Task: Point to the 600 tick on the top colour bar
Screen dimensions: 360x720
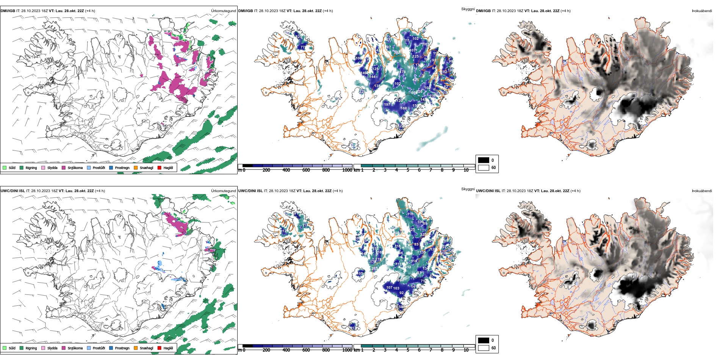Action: pyautogui.click(x=306, y=170)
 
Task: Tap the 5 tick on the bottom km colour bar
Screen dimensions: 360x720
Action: pyautogui.click(x=408, y=350)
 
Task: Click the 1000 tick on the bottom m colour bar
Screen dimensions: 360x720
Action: pyautogui.click(x=347, y=350)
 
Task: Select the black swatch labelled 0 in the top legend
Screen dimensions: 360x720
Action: pyautogui.click(x=484, y=160)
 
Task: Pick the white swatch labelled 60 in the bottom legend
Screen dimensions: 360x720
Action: pyautogui.click(x=484, y=348)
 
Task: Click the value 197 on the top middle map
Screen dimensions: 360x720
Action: pyautogui.click(x=387, y=105)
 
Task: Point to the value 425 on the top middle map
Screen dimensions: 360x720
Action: pyautogui.click(x=416, y=80)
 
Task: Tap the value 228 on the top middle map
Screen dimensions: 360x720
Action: pyautogui.click(x=362, y=92)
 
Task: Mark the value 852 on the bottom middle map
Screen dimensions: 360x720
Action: pyautogui.click(x=408, y=267)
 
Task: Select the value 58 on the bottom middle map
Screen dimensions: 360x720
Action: pyautogui.click(x=401, y=307)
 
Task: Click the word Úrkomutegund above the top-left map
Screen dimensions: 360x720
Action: pyautogui.click(x=223, y=11)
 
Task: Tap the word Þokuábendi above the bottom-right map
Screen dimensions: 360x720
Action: pyautogui.click(x=702, y=191)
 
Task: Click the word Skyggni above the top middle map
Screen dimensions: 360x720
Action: pyautogui.click(x=468, y=9)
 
